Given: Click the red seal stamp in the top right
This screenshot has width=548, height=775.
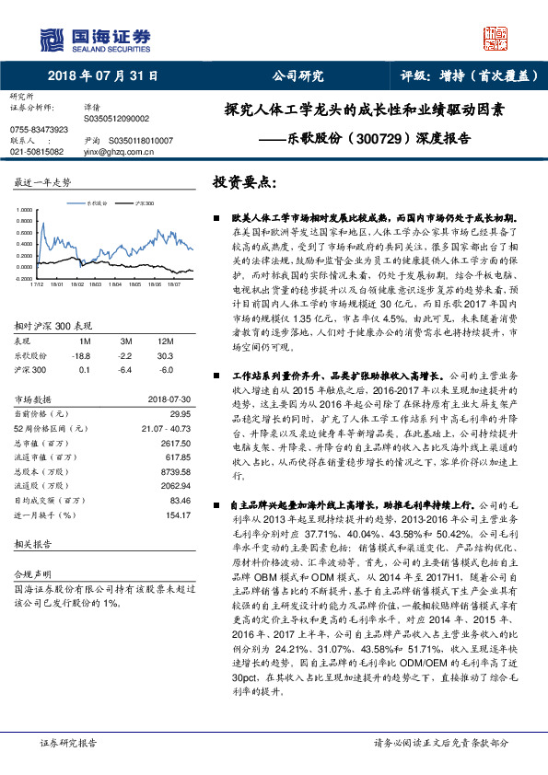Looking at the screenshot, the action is tap(496, 37).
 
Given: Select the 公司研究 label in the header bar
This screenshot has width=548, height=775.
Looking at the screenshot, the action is tap(297, 75).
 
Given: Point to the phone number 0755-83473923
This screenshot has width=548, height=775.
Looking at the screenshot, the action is tap(37, 130).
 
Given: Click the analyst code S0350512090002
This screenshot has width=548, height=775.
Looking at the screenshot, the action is tap(115, 118).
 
